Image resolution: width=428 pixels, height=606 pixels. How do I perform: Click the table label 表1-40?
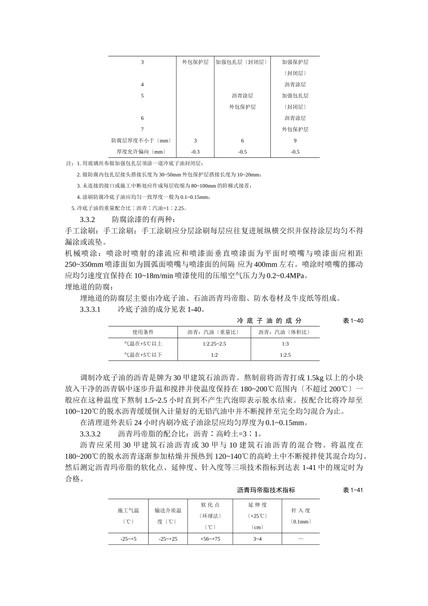(x=353, y=321)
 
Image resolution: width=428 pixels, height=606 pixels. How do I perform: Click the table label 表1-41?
(x=353, y=490)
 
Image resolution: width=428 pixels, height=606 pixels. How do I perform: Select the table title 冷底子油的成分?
(x=269, y=321)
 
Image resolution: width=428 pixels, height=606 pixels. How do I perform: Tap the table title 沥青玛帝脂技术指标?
(x=266, y=490)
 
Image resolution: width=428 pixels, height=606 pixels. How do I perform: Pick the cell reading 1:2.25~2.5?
(x=214, y=344)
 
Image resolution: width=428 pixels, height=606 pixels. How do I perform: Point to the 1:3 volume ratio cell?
(x=285, y=344)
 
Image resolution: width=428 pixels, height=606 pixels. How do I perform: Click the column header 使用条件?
(x=142, y=332)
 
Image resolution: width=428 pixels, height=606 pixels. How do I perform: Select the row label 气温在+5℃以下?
(x=142, y=355)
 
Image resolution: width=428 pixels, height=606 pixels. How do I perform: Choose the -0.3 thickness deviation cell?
(x=195, y=152)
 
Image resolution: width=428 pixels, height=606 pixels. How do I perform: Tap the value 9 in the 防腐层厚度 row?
(x=295, y=141)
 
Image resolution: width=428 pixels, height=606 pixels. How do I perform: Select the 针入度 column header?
(x=301, y=510)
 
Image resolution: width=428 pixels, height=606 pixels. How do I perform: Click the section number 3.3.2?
(x=87, y=220)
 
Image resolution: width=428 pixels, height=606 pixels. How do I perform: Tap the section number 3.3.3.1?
(x=90, y=309)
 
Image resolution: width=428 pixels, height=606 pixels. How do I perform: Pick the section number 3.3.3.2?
(x=90, y=434)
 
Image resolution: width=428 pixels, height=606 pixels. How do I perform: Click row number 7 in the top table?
(x=142, y=129)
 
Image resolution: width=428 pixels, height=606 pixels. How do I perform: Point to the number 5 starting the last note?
(x=73, y=208)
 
